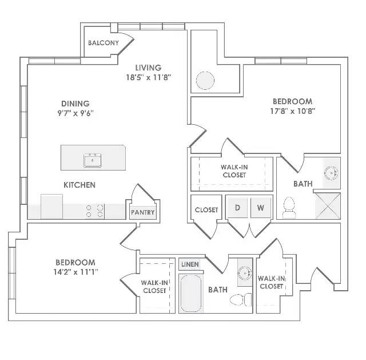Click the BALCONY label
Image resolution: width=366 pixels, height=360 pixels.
[104, 43]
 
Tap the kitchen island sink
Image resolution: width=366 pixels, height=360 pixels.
[93, 160]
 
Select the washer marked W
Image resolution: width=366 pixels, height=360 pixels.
[261, 208]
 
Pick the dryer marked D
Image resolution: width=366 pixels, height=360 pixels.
[237, 208]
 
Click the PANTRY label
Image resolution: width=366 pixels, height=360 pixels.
[142, 212]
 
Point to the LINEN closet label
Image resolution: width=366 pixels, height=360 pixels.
[190, 264]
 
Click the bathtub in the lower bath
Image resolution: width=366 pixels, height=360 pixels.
[191, 293]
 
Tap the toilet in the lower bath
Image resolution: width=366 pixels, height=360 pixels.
[241, 299]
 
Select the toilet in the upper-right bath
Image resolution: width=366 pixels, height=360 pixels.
[289, 208]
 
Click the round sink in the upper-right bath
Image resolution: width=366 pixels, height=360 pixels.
[332, 173]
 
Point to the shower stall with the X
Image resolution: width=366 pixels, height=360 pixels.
[328, 206]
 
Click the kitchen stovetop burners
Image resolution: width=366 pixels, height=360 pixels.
[94, 211]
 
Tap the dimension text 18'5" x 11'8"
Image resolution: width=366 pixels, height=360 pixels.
[149, 77]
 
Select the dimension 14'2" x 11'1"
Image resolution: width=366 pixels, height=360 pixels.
[75, 272]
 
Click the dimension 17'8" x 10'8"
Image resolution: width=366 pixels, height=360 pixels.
[292, 111]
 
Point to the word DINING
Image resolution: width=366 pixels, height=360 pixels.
[75, 104]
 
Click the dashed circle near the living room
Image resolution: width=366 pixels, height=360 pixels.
[205, 80]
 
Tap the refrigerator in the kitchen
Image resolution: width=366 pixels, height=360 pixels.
[51, 207]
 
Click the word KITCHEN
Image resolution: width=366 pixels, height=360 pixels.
[79, 185]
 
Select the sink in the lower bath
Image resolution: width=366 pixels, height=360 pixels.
[245, 272]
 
